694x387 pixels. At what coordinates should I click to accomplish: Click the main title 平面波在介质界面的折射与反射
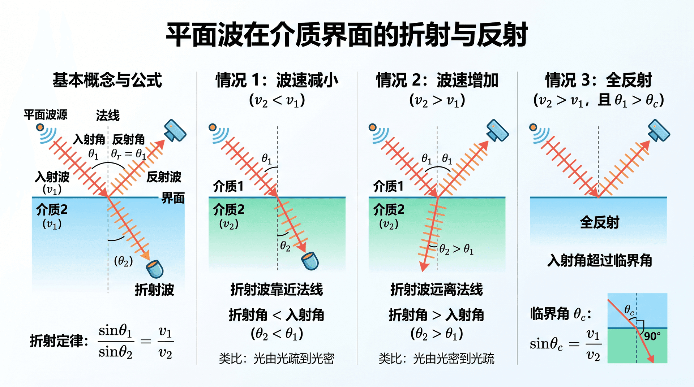[x=347, y=35]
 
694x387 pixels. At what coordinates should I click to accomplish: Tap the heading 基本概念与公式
[x=107, y=80]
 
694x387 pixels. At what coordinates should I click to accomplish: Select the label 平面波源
[x=46, y=115]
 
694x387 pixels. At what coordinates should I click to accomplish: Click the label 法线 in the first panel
[x=108, y=116]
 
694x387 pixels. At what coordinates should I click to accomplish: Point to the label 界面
[x=173, y=198]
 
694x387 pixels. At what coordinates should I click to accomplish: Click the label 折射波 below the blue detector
[x=154, y=290]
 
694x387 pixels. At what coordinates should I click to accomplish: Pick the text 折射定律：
[x=59, y=341]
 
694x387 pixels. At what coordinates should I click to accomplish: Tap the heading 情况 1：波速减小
[x=277, y=80]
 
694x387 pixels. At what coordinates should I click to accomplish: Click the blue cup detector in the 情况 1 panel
[x=310, y=261]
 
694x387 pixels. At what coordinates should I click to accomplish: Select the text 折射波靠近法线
[x=277, y=290]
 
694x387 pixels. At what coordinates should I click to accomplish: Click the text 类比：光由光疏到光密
[x=277, y=358]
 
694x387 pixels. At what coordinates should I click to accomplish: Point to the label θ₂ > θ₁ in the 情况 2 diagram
[x=456, y=249]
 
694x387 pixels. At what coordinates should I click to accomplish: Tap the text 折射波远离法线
[x=437, y=290]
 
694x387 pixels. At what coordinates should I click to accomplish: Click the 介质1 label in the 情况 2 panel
[x=388, y=186]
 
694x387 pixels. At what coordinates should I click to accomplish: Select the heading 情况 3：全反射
[x=599, y=80]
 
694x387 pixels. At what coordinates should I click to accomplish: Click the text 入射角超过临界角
[x=600, y=260]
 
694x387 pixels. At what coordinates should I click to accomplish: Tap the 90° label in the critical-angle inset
[x=652, y=336]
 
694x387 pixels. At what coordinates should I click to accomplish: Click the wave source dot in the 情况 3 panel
[x=533, y=127]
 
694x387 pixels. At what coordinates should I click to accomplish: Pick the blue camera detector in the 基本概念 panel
[x=175, y=130]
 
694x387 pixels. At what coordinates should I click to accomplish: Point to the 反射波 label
[x=164, y=177]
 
